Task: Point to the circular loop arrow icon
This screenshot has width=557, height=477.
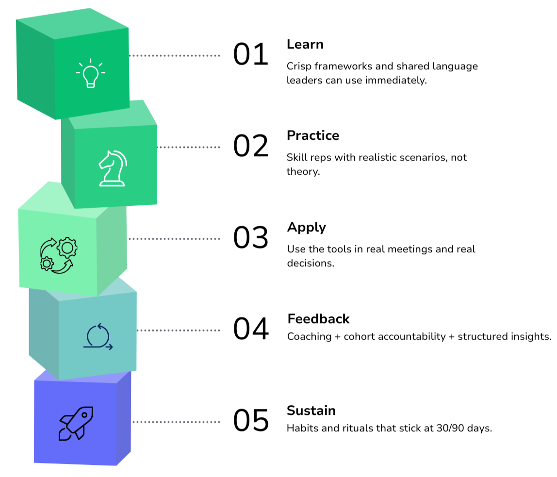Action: point(98,336)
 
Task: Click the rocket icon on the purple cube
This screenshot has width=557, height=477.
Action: point(75,423)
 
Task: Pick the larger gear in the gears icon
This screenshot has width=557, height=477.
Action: point(66,247)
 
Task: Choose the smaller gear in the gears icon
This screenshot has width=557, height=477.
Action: point(47,263)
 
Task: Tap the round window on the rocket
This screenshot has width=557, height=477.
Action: point(84,415)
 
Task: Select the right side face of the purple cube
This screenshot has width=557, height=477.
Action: point(124,417)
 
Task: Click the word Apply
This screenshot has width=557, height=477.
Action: point(306,227)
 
